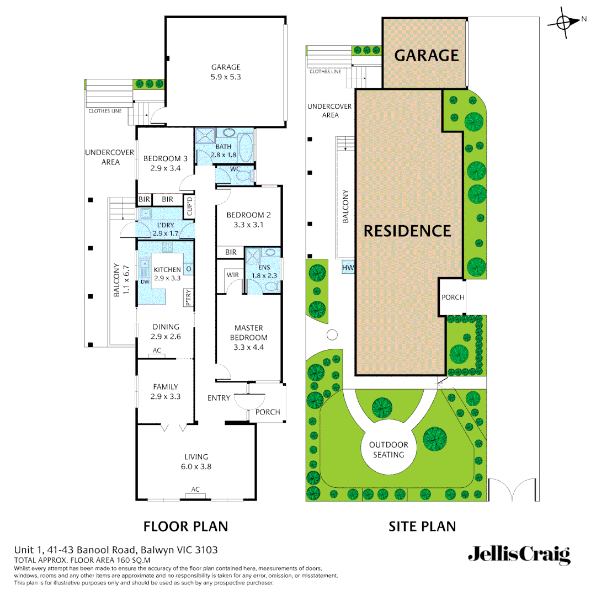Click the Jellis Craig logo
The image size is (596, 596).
519,555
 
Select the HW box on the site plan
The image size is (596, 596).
348,268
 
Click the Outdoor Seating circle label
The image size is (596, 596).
389,450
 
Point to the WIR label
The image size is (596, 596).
232,274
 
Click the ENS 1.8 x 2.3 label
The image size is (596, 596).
264,271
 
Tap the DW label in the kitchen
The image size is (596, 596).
145,281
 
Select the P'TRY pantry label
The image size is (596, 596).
188,297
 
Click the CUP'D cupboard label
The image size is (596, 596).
189,206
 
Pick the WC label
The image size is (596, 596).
235,169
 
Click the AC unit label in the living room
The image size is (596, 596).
195,489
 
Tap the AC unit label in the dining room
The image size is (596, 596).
157,350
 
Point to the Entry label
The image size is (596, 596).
219,398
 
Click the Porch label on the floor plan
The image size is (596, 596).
268,412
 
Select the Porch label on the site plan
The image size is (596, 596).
453,297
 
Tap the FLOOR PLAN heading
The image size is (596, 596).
185,526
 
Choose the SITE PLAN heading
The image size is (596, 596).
422,526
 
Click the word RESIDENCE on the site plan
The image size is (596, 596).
407,231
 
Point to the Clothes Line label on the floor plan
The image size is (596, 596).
105,111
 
